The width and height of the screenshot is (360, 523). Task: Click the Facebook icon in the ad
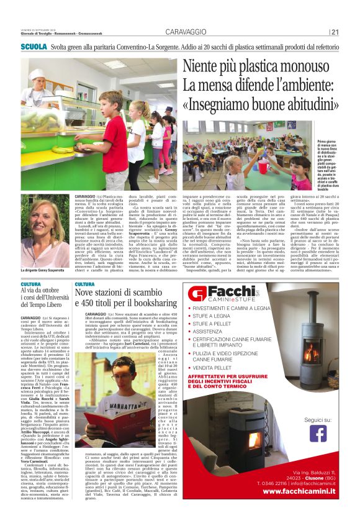(318, 432)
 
